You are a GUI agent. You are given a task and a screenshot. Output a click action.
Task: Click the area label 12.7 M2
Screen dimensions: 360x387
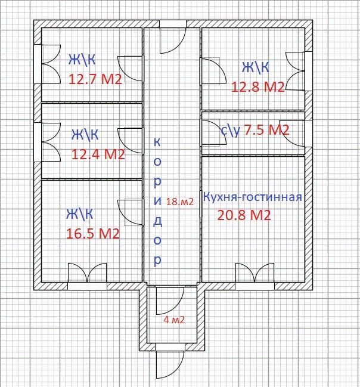tap(95, 79)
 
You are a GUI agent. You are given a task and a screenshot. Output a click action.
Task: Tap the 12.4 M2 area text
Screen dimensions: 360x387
tap(98, 154)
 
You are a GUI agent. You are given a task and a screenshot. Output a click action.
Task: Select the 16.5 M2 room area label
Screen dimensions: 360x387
tap(93, 234)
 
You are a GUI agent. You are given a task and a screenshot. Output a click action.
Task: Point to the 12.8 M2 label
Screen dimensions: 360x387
tap(258, 87)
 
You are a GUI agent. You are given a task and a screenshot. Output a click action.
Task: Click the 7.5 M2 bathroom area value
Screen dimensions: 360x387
tap(266, 130)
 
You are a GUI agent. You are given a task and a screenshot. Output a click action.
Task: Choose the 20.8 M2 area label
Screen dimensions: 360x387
tap(244, 215)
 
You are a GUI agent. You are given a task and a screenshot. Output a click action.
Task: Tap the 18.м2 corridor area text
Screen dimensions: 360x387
tap(180, 202)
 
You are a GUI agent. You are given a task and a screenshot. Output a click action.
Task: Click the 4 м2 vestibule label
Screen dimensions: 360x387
tap(174, 320)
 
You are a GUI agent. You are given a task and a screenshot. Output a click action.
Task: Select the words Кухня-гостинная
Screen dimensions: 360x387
tap(253, 197)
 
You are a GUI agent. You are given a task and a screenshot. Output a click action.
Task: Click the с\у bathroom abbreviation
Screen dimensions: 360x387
tap(230, 131)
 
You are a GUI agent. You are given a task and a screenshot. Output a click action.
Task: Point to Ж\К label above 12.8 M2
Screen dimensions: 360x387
tap(255, 67)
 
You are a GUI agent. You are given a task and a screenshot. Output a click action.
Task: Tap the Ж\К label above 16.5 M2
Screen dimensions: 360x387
tap(79, 213)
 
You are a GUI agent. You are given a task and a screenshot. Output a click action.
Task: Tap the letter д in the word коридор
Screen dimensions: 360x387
tap(157, 221)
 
